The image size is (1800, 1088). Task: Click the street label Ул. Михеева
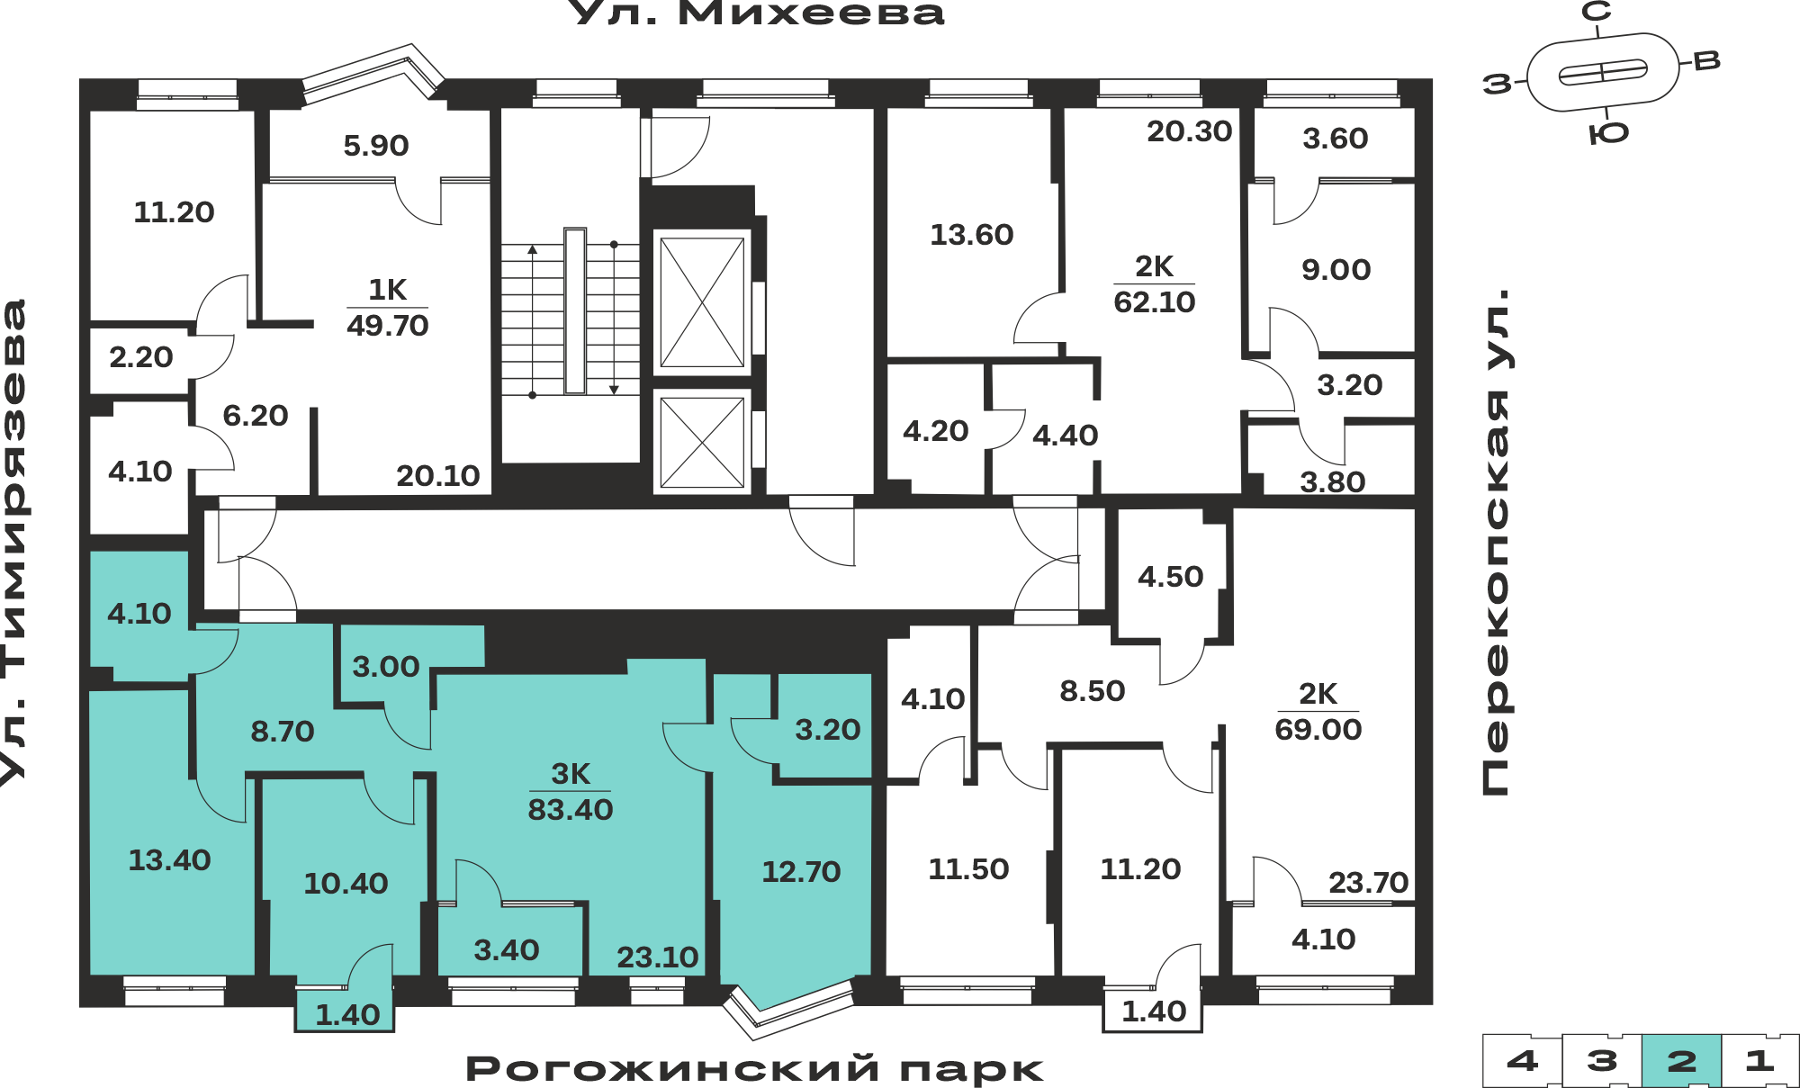tap(758, 13)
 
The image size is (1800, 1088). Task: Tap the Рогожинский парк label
tap(754, 1068)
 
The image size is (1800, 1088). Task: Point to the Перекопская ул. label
tap(1495, 542)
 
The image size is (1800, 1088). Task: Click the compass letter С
tap(1597, 12)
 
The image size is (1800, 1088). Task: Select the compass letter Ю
tap(1609, 134)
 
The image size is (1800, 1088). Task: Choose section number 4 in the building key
tap(1522, 1060)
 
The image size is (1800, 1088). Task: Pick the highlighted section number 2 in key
tap(1681, 1061)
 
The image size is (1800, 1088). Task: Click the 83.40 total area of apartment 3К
tap(571, 809)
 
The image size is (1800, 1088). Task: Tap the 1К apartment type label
tap(388, 290)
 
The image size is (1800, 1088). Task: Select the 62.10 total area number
tap(1155, 301)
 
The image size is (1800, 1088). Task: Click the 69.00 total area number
tap(1318, 729)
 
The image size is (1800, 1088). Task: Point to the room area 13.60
tap(972, 235)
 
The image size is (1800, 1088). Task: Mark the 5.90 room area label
tap(376, 145)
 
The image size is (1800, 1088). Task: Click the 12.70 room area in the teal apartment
tap(801, 871)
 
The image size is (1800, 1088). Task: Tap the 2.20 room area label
tap(141, 357)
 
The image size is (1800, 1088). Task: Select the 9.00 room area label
tap(1336, 269)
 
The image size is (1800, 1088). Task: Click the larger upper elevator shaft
tap(702, 301)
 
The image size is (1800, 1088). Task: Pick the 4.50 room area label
tap(1171, 576)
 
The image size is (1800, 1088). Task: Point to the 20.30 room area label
tap(1190, 131)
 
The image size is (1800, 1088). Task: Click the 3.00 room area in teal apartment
tap(386, 666)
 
